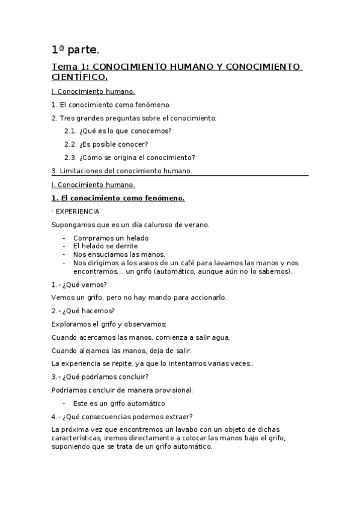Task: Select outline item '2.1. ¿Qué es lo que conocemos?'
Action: tap(118, 131)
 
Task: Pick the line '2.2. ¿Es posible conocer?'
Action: tap(106, 144)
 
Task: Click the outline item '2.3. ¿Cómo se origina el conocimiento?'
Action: tap(129, 157)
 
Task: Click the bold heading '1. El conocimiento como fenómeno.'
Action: tap(118, 198)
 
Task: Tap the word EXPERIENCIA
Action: tap(78, 212)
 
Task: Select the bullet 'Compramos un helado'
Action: tap(111, 238)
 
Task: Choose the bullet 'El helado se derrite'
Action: tap(105, 245)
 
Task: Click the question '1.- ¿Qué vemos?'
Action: tap(79, 284)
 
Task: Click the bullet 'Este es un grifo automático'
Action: tap(118, 403)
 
